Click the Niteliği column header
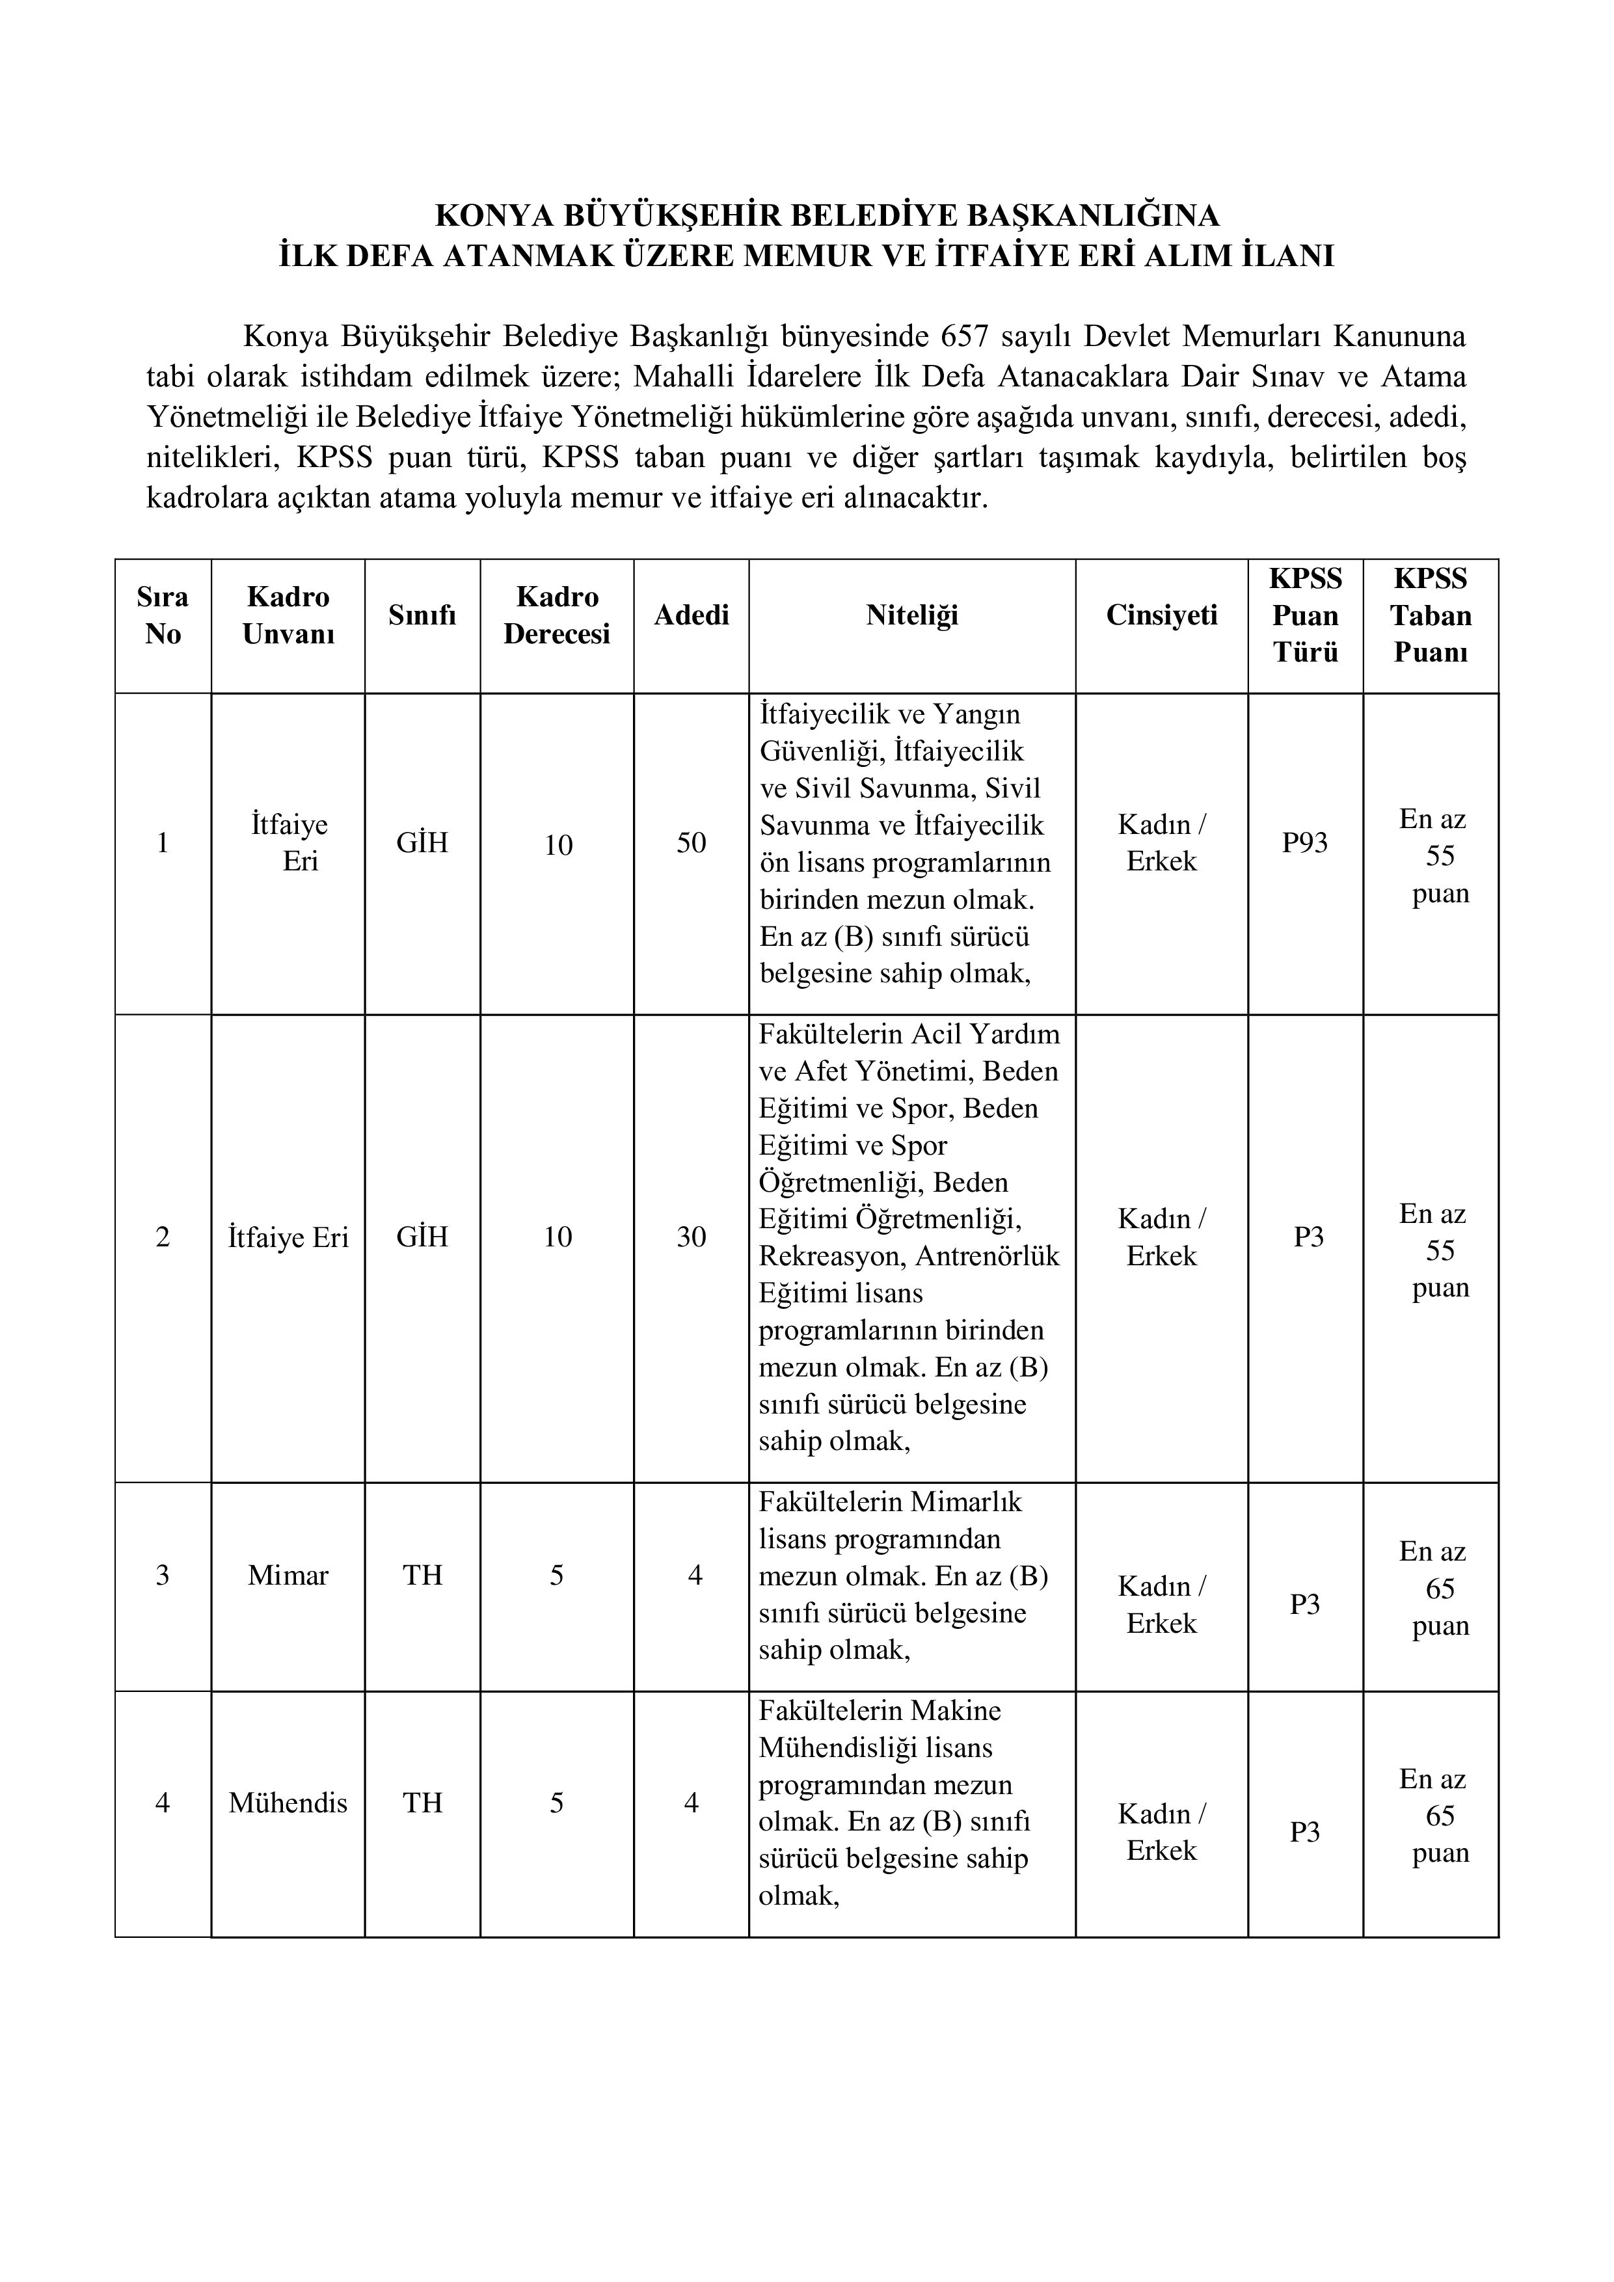tap(911, 615)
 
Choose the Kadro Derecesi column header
tap(557, 615)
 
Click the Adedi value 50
tap(691, 843)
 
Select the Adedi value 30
tap(691, 1237)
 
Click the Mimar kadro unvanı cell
tap(288, 1576)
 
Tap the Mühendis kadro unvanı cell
tap(288, 1803)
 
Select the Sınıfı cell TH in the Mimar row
tap(422, 1576)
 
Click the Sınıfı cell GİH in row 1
tap(422, 843)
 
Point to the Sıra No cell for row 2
tap(163, 1237)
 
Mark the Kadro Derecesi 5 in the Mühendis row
tap(557, 1803)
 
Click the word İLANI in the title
tap(1288, 256)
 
